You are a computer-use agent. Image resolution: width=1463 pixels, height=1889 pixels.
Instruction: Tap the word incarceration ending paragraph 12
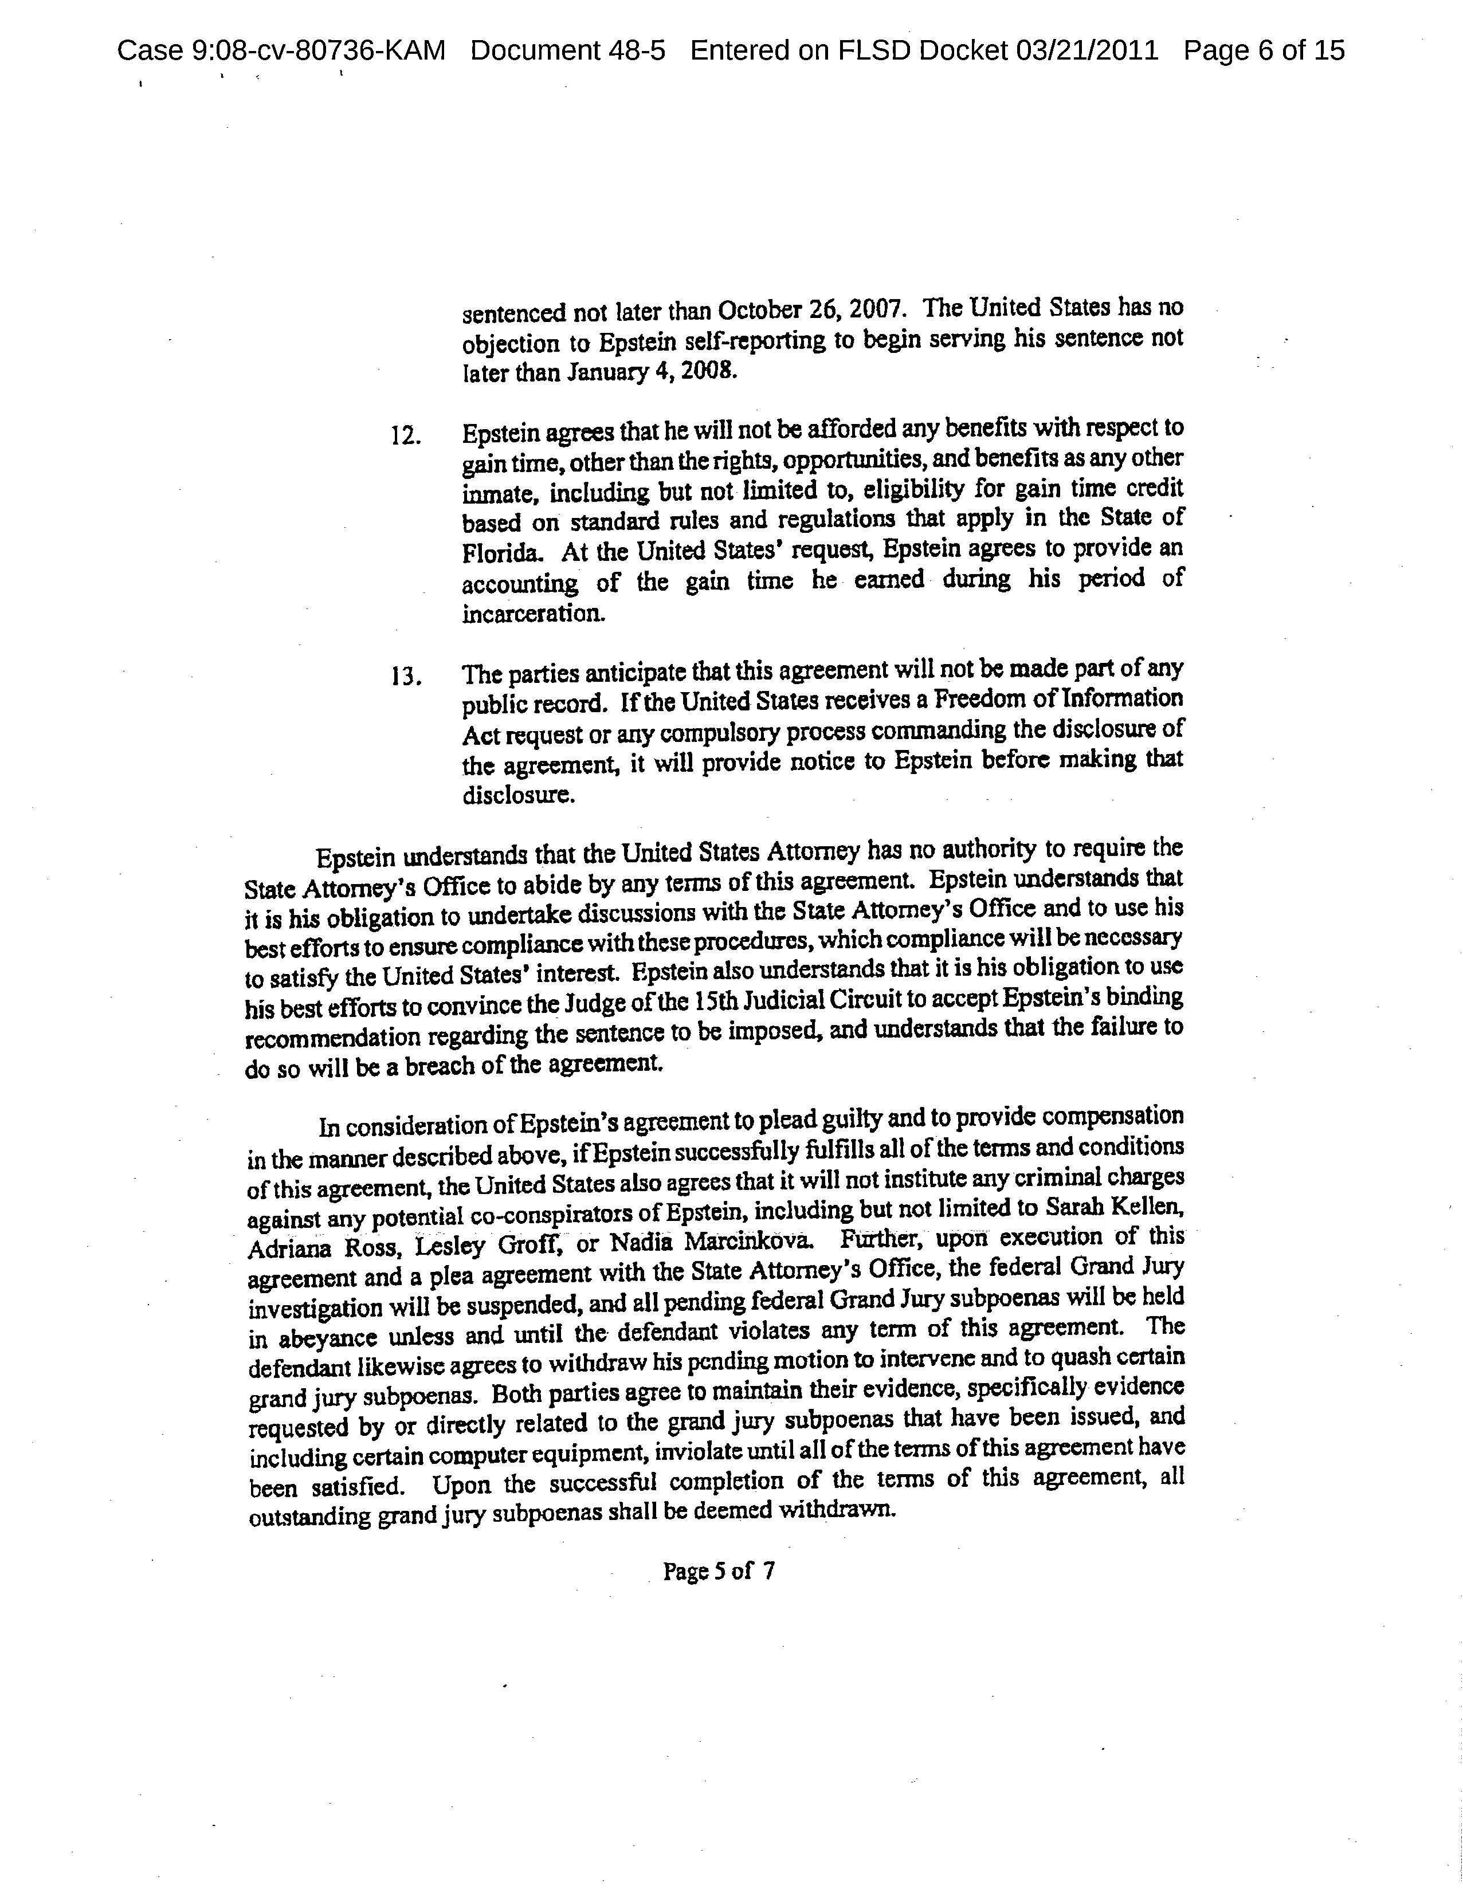click(x=532, y=615)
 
